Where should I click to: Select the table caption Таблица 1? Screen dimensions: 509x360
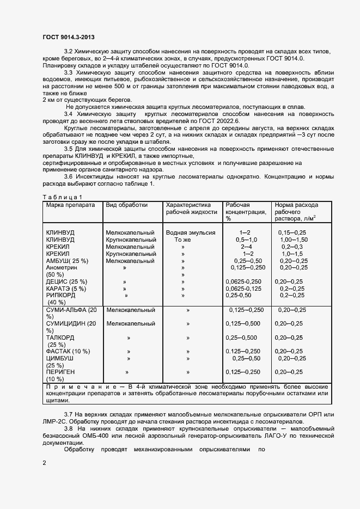pos(62,197)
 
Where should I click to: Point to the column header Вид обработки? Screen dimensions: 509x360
pos(126,205)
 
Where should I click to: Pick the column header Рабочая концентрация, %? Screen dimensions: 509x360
pos(245,212)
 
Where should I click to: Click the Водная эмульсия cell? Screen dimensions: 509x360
pos(190,232)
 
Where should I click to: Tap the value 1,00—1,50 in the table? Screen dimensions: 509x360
pos(294,240)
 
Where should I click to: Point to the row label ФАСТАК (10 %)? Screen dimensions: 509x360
pos(68,351)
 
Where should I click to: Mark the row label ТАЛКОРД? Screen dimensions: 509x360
pos(60,338)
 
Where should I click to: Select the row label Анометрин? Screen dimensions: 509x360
pos(62,268)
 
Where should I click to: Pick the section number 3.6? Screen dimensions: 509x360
pos(69,177)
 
